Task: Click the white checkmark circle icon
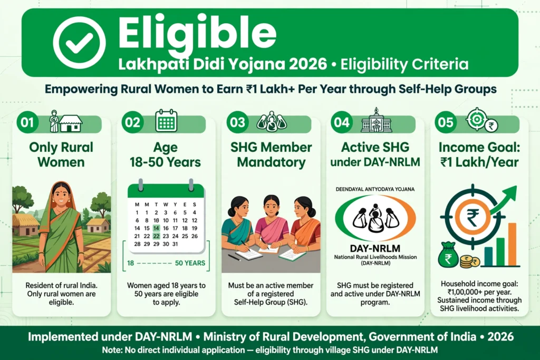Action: [x=79, y=42]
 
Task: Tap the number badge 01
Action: [x=27, y=123]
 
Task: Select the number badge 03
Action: [x=237, y=123]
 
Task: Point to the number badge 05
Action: [x=446, y=122]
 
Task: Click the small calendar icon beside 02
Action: [x=166, y=121]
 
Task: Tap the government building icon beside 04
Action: [x=376, y=120]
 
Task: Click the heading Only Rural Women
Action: [x=61, y=154]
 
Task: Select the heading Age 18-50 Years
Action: [x=165, y=154]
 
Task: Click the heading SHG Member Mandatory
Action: [x=271, y=154]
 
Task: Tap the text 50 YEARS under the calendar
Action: [x=190, y=264]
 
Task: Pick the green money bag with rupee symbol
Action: [x=449, y=255]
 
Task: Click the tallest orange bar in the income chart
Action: [x=512, y=244]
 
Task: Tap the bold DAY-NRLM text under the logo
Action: [x=375, y=248]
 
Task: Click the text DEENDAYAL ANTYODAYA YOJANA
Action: [x=375, y=189]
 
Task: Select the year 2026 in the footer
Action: [x=501, y=337]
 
